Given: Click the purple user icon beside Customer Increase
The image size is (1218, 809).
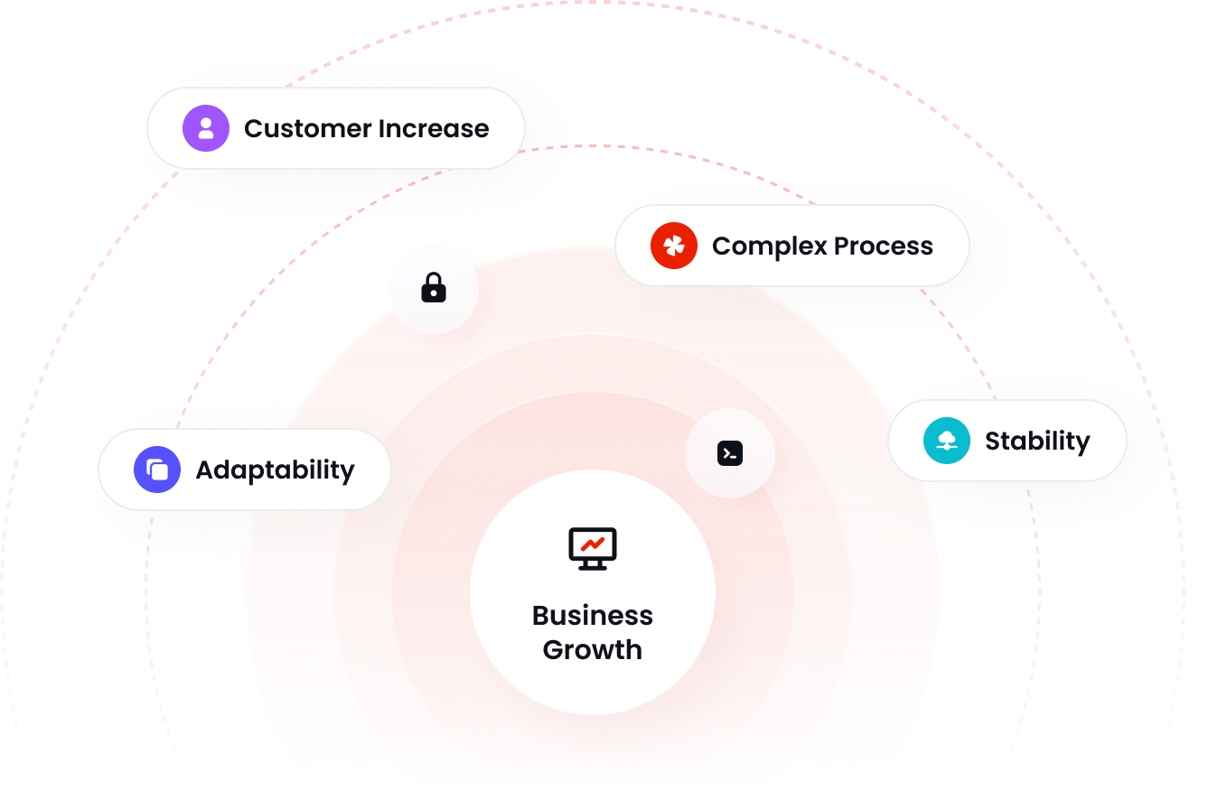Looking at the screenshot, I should tap(206, 128).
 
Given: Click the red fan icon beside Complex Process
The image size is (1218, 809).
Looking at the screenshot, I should tap(674, 246).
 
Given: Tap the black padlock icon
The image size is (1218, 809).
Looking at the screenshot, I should tap(434, 289).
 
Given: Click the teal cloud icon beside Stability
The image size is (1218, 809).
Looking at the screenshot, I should tap(947, 441).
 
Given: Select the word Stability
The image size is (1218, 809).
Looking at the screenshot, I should tap(1037, 441).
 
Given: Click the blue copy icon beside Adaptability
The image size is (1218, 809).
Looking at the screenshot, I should tap(157, 470).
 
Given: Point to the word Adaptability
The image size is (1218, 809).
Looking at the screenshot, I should tap(275, 470).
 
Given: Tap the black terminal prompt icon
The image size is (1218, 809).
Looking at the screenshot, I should tap(730, 453).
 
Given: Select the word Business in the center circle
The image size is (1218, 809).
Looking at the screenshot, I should tap(593, 615).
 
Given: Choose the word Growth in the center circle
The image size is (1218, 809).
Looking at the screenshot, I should tap(593, 649).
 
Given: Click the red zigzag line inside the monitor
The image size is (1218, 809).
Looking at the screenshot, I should tap(593, 544).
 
